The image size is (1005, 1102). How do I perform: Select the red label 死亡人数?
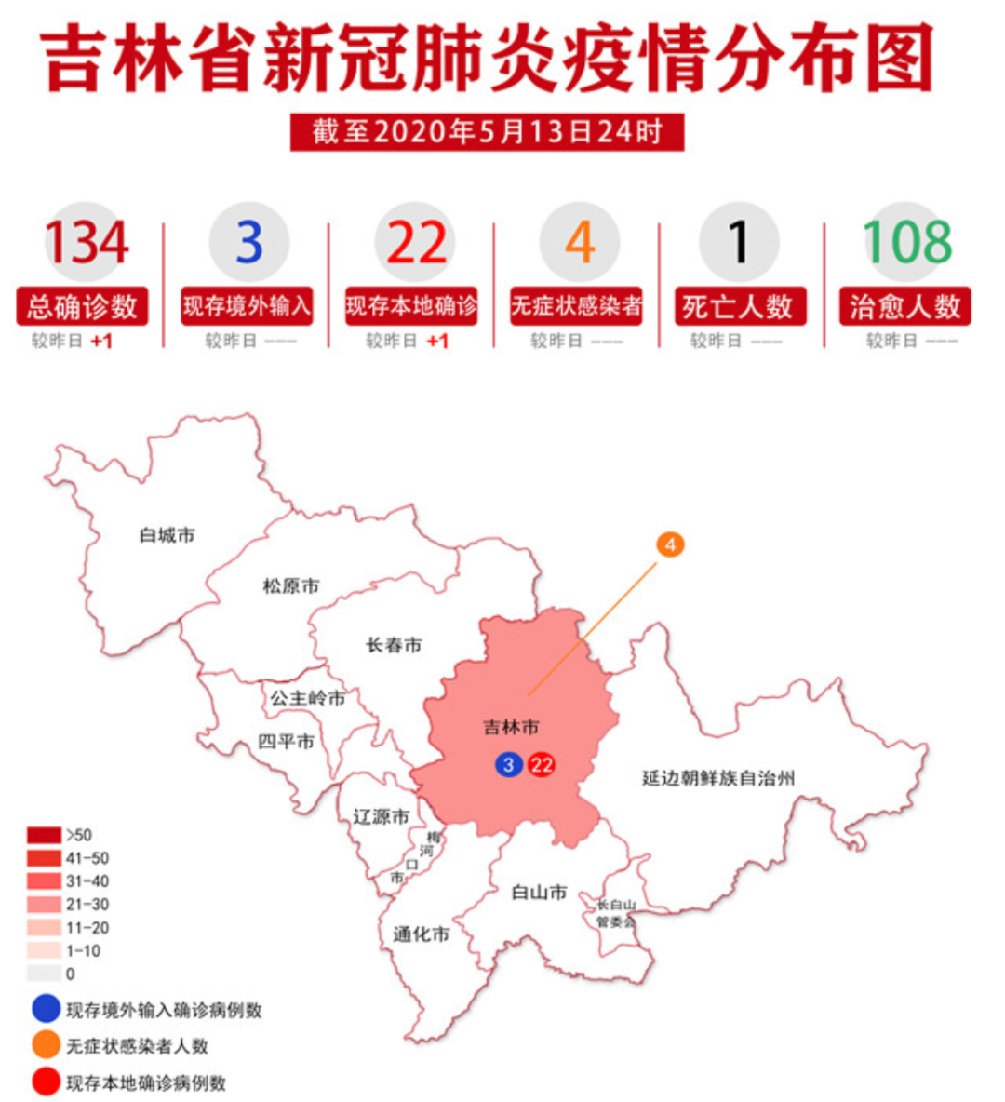coord(739,306)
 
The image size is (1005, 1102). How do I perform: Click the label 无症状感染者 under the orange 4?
coord(576,306)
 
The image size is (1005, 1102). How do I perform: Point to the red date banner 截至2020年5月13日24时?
coord(487,132)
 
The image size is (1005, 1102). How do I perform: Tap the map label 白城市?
coord(167,535)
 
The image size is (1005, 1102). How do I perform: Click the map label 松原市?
coord(290,586)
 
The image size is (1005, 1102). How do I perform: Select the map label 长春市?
coord(394,645)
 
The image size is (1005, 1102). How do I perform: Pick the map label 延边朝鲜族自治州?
coord(718,778)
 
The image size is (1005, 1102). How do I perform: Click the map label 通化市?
coord(421,934)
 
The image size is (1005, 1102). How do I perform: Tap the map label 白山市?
coord(539,893)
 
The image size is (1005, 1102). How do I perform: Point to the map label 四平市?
coord(286,742)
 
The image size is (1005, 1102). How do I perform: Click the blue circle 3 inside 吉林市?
coord(508,765)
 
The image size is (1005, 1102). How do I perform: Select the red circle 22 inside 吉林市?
coord(541,765)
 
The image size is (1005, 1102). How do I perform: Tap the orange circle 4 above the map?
coord(670,544)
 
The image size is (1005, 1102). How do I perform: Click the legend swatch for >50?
coord(45,835)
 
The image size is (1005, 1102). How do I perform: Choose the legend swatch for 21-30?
coord(45,905)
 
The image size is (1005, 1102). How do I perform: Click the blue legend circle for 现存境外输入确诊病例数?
coord(46,1009)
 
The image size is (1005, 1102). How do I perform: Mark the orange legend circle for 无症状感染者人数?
coord(46,1045)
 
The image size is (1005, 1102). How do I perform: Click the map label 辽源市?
coord(381,816)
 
